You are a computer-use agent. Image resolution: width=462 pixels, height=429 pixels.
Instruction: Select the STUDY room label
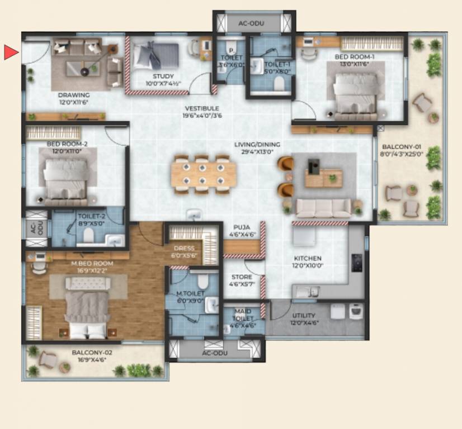coord(163,77)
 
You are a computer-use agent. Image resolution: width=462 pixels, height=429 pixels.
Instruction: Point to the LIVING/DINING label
coord(257,145)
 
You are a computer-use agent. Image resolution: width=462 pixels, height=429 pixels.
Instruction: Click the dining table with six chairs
coord(204,174)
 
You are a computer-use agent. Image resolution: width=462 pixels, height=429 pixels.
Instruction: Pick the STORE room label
coord(242,277)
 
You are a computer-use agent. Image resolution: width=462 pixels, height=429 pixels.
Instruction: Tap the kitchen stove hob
coord(356,263)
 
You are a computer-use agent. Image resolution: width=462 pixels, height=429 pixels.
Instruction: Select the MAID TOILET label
coord(243,314)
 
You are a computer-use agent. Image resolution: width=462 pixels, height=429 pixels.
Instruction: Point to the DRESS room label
coord(184,249)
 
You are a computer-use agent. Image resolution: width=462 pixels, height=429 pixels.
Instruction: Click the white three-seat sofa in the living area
coord(323,208)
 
